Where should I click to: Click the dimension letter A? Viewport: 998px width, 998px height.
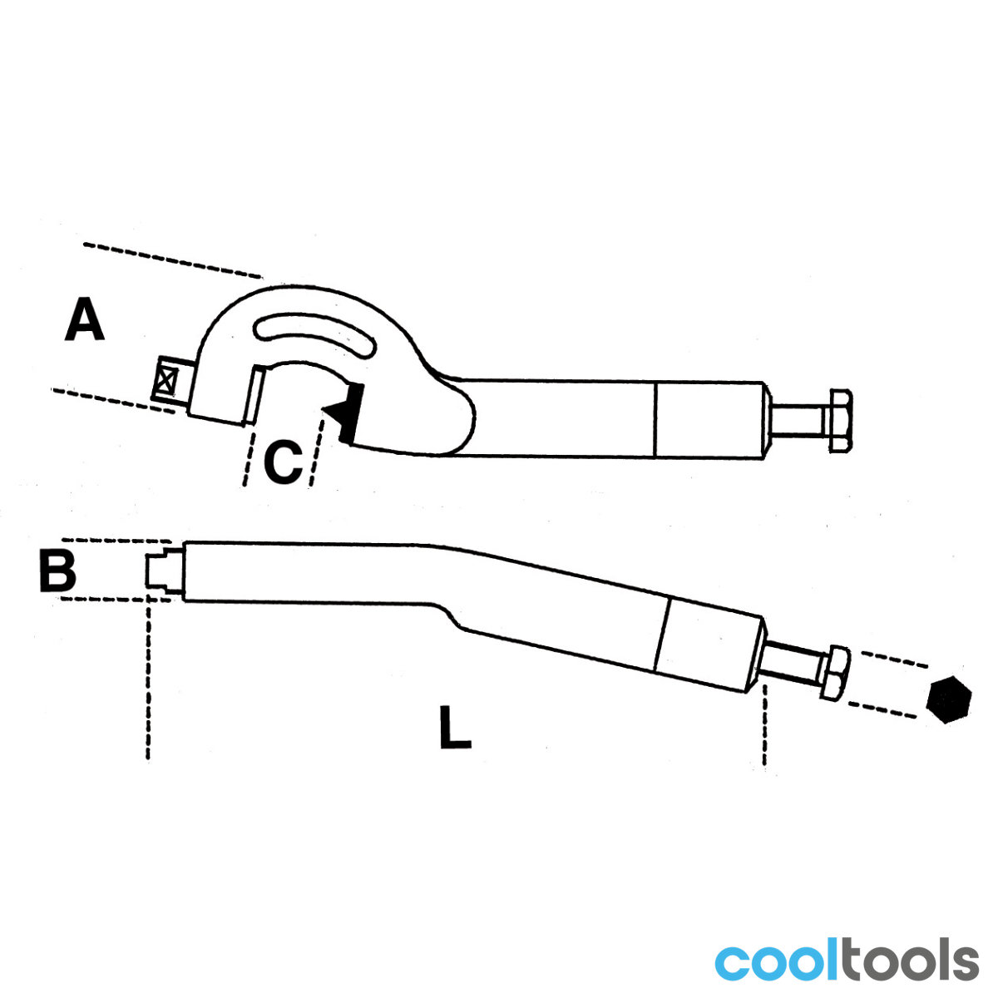(x=85, y=319)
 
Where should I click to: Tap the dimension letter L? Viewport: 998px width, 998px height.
(x=455, y=726)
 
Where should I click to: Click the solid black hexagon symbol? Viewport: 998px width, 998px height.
(x=949, y=699)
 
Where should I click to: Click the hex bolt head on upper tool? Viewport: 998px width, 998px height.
(x=841, y=421)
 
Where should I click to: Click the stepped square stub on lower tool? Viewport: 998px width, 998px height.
(x=164, y=571)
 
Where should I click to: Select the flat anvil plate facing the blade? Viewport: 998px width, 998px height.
(x=254, y=394)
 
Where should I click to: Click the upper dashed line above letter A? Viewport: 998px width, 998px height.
(x=172, y=260)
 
